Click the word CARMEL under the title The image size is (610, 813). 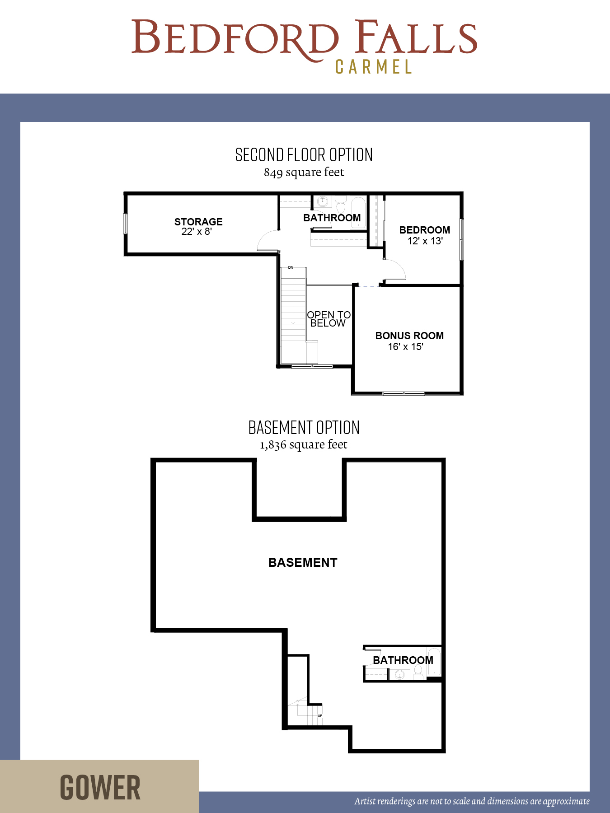(373, 67)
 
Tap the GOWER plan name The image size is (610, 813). (100, 787)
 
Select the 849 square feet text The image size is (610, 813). (304, 172)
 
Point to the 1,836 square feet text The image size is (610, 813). (304, 444)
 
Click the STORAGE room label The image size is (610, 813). (198, 222)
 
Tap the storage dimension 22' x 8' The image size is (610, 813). (197, 231)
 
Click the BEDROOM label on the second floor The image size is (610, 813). (425, 230)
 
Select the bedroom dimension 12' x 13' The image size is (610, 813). (425, 241)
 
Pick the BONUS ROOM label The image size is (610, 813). (409, 336)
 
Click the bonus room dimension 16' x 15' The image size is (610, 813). (405, 346)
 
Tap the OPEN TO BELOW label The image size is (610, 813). (328, 319)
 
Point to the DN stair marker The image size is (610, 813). (291, 268)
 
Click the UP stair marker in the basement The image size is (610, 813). (320, 715)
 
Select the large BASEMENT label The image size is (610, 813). (303, 562)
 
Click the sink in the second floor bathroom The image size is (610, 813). (323, 201)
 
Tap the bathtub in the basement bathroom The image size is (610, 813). (434, 662)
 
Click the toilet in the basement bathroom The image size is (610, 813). (418, 673)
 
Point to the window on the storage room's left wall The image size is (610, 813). (126, 224)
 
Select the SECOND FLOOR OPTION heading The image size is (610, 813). (304, 155)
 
